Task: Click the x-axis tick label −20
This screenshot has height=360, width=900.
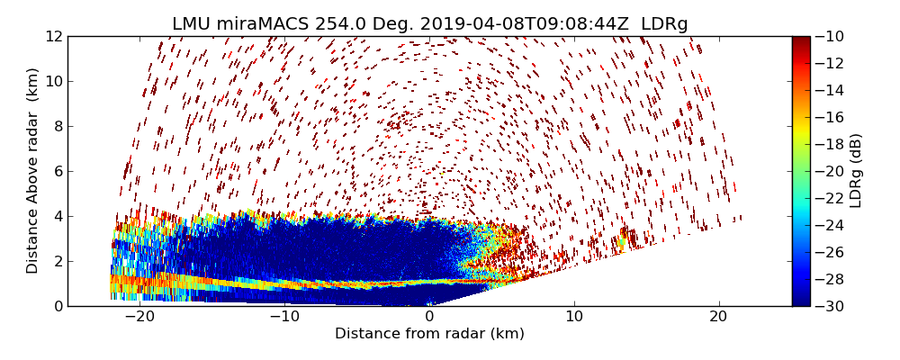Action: tap(139, 317)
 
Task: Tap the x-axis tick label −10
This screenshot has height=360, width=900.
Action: tap(284, 317)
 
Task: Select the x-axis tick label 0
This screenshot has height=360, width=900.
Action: tap(429, 317)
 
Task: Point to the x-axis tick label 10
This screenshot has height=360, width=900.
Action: tap(574, 317)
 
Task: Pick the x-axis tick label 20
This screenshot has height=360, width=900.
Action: tap(718, 317)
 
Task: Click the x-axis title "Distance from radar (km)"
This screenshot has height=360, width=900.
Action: tap(429, 334)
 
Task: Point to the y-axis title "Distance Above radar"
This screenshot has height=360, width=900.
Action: tap(33, 171)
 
